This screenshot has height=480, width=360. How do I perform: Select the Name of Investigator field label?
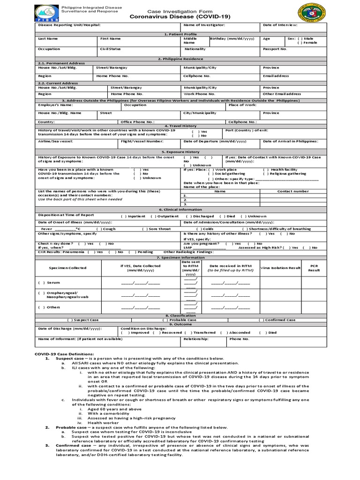[204, 25]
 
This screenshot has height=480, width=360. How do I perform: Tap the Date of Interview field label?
[280, 25]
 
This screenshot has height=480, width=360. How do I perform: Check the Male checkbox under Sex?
[300, 38]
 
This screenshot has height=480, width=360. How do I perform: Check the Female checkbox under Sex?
[300, 43]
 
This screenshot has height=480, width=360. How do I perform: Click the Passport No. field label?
[275, 49]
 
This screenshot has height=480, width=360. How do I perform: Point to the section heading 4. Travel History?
[180, 126]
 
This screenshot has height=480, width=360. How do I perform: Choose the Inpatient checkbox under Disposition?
[124, 216]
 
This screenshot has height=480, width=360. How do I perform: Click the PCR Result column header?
[314, 268]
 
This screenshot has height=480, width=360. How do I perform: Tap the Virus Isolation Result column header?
[280, 268]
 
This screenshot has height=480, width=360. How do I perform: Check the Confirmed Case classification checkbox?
[262, 320]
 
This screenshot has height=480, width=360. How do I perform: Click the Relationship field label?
[196, 339]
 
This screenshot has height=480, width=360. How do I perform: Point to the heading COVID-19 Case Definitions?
[65, 353]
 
